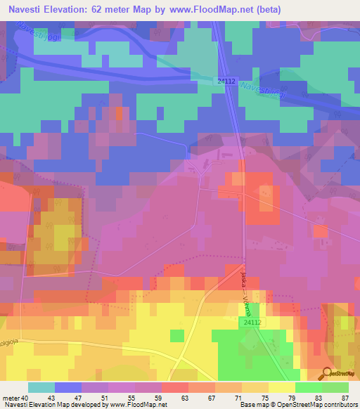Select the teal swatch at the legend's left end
pos(41,387)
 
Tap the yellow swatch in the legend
pos(281,387)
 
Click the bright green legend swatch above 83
pos(308,387)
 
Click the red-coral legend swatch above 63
pos(174,387)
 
